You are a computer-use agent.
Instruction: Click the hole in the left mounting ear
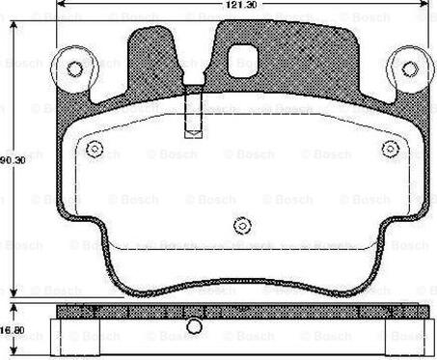coord(73,69)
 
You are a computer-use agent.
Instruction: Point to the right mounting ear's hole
coord(409,69)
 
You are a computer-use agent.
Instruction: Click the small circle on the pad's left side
coord(94,149)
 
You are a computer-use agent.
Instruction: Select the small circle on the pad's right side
coord(390,149)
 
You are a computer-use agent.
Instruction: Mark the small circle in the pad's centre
coord(241,226)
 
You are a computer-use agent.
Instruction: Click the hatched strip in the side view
coord(241,312)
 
